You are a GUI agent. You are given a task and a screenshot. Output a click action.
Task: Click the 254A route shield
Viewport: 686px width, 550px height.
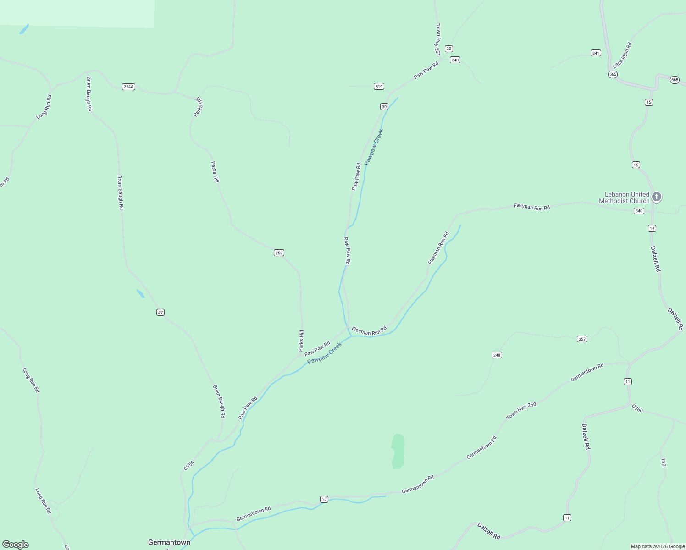pos(128,87)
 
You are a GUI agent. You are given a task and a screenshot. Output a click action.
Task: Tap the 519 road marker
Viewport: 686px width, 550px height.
pos(379,87)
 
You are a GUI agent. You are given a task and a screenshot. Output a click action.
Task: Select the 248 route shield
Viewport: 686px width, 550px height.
pos(455,60)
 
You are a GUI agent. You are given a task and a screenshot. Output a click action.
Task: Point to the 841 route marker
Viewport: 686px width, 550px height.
pos(596,53)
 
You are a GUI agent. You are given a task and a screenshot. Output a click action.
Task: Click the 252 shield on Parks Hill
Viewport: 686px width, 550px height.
pos(279,253)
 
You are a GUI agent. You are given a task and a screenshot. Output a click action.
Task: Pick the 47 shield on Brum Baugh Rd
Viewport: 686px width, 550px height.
pos(160,313)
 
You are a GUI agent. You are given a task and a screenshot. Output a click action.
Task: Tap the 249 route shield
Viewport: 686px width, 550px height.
pos(497,355)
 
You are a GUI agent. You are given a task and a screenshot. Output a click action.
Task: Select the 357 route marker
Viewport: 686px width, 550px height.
pos(582,339)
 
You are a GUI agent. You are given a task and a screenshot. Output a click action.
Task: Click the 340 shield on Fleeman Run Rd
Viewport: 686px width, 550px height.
pos(639,211)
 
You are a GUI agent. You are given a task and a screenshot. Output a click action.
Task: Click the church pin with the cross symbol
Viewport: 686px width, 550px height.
pos(657,197)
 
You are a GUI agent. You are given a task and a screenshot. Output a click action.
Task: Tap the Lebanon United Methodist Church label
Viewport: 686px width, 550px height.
pos(624,198)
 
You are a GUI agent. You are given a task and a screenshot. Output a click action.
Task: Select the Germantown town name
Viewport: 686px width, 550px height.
pos(169,542)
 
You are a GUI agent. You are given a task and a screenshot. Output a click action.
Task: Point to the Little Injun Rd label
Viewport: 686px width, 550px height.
pos(623,55)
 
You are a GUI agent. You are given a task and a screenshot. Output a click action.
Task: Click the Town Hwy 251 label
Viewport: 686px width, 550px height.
pos(438,39)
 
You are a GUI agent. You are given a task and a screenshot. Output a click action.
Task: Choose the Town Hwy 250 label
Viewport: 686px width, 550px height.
pos(521,411)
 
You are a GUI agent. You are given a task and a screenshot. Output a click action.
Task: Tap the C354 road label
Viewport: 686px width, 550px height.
pos(189,465)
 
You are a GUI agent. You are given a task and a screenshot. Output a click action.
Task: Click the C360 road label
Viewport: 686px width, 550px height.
pos(637,408)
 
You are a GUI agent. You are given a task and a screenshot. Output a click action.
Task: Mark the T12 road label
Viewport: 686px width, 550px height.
pos(663,462)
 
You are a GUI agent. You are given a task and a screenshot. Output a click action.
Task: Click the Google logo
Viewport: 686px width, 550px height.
pos(16,544)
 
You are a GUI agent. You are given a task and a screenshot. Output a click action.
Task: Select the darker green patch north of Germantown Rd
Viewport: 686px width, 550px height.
pos(398,451)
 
